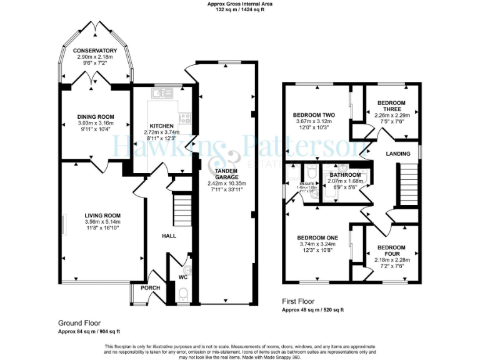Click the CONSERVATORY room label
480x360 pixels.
94,51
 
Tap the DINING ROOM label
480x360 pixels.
96,116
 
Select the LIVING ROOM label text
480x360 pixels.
102,216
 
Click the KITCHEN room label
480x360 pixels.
161,126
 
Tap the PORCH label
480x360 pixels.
150,287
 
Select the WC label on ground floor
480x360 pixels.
182,276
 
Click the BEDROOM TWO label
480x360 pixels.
314,115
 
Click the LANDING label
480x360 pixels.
398,154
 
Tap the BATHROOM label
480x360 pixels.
345,174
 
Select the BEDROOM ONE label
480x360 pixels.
317,238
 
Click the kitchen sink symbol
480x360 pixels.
166,93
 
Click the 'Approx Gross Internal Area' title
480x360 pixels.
240,4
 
